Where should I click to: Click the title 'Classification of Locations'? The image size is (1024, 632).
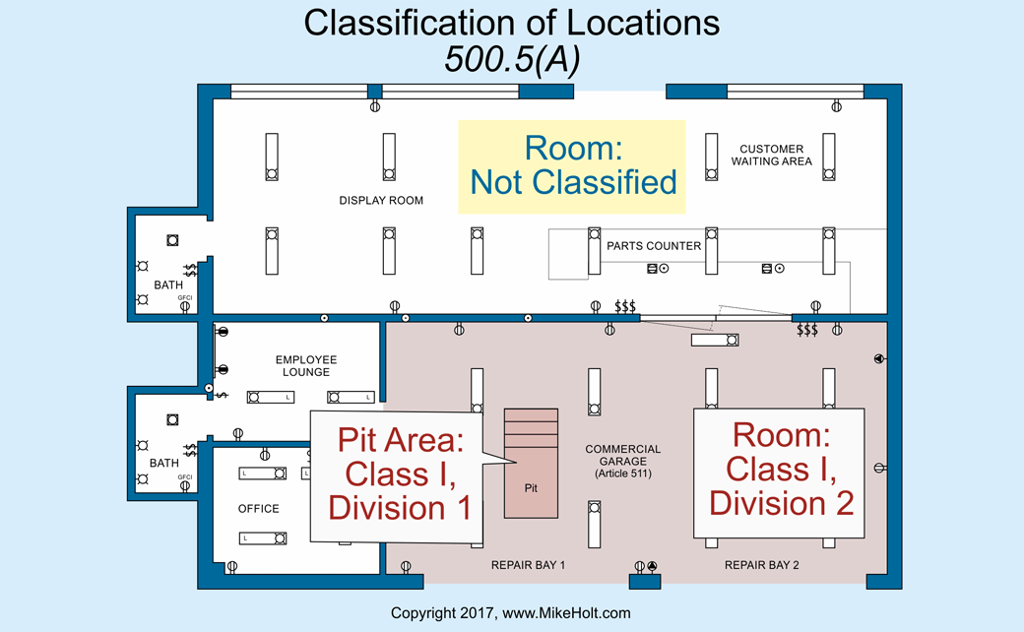click(x=511, y=23)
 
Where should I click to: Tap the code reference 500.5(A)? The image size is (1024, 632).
click(x=511, y=59)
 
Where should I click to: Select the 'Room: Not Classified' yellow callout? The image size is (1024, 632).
click(x=572, y=165)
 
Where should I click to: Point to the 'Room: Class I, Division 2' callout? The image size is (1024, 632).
click(x=780, y=471)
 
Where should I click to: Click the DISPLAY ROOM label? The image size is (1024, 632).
click(x=381, y=201)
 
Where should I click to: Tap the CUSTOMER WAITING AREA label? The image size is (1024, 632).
click(x=771, y=156)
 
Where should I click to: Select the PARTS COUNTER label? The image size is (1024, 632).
click(x=654, y=246)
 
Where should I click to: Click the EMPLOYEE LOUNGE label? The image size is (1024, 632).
click(x=305, y=366)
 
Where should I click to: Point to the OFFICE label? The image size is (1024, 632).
click(x=259, y=509)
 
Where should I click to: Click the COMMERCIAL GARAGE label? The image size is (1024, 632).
click(x=622, y=457)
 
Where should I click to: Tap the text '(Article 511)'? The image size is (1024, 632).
click(x=622, y=474)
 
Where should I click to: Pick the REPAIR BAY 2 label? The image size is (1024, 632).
click(x=761, y=566)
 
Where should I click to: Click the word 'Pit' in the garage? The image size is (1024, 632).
click(x=531, y=487)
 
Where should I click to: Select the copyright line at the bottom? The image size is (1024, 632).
click(x=510, y=613)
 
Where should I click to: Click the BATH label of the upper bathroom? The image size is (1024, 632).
click(x=168, y=285)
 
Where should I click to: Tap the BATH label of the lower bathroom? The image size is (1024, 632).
click(x=164, y=463)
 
